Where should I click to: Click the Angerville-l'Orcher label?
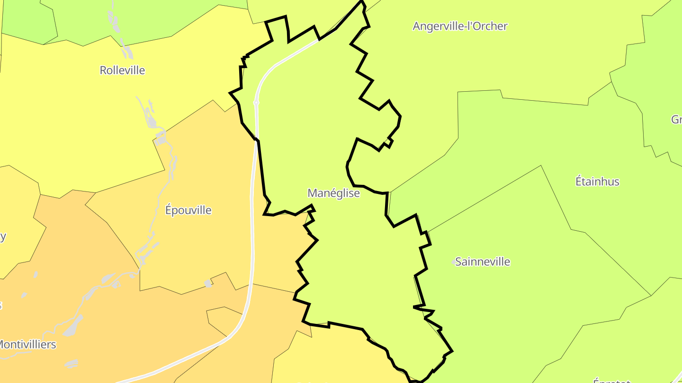click(x=460, y=26)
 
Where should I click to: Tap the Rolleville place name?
click(x=122, y=70)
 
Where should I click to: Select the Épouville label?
click(x=188, y=210)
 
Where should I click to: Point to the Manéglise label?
click(x=333, y=193)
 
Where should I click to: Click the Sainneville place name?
click(x=483, y=262)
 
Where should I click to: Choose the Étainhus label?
click(x=597, y=182)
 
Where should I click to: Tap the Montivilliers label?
click(x=27, y=345)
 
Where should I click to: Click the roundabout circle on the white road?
click(x=256, y=102)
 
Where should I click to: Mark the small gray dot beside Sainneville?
click(x=454, y=262)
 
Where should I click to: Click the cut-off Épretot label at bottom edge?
click(x=611, y=380)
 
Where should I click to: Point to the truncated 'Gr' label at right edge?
click(x=676, y=120)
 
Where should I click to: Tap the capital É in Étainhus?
click(x=579, y=181)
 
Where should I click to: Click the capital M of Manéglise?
click(x=312, y=193)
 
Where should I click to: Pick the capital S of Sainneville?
click(x=458, y=262)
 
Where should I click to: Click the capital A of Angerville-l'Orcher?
click(x=417, y=26)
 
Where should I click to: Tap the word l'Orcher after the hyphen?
click(x=489, y=26)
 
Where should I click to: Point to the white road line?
click(x=252, y=236)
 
